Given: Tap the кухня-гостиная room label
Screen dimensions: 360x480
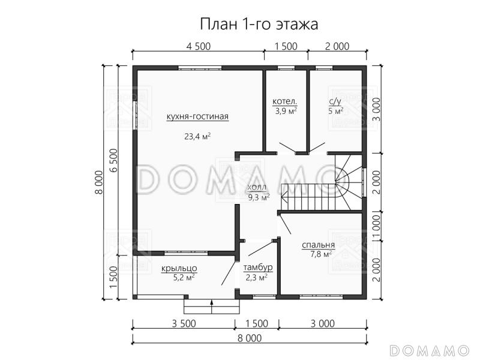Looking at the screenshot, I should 198,117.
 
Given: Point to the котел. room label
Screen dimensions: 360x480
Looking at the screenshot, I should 286,101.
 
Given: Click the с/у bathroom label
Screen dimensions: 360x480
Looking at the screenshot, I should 336,101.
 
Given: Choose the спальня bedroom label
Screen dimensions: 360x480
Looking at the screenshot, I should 319,245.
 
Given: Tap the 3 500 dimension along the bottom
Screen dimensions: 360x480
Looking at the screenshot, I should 183,324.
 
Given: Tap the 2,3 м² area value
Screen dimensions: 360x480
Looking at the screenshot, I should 256,277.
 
